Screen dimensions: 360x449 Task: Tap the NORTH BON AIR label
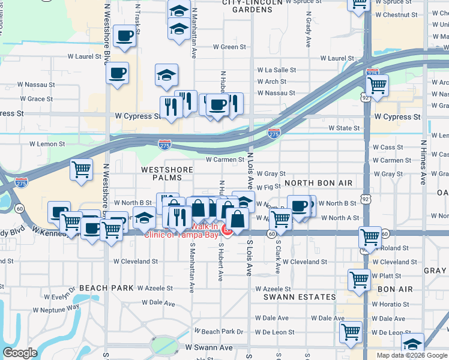click(318, 182)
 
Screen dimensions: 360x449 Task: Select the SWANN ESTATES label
click(300, 297)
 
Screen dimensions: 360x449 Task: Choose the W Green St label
click(230, 47)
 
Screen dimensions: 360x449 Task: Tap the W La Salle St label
click(276, 70)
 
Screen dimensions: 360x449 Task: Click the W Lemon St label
click(47, 144)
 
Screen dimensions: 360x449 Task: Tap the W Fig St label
click(268, 187)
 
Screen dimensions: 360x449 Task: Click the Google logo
click(20, 353)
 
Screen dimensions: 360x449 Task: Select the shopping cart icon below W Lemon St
click(81, 169)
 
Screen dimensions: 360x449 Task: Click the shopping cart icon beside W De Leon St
click(351, 331)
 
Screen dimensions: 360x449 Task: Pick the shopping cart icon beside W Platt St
click(359, 278)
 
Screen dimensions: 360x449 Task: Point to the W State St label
click(344, 128)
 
